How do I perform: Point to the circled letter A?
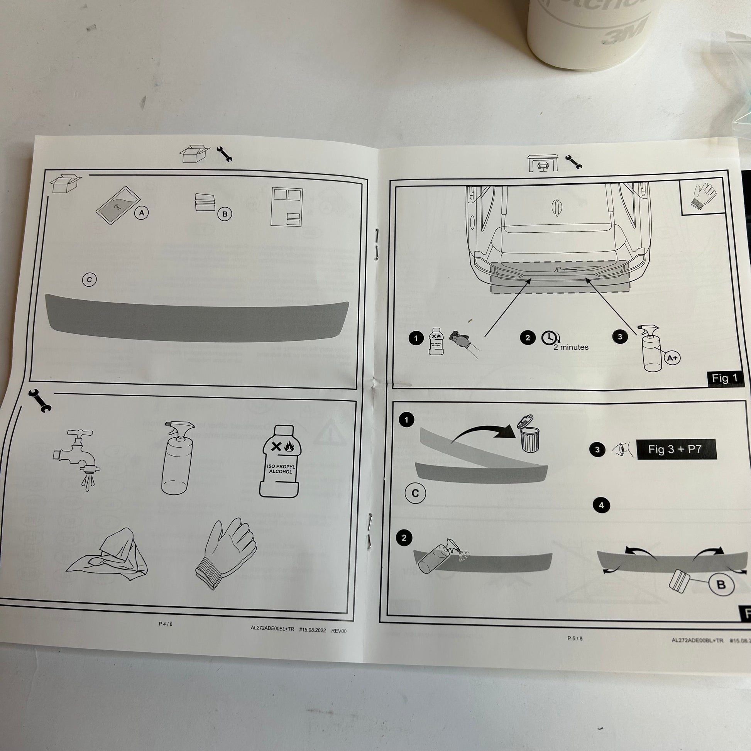[142, 213]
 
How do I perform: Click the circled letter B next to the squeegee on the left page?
[225, 214]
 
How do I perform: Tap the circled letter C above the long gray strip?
[90, 280]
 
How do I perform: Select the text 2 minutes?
[571, 347]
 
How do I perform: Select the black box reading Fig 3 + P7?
[676, 450]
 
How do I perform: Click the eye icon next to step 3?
[622, 450]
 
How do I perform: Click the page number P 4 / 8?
[166, 624]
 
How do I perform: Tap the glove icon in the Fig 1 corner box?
[704, 196]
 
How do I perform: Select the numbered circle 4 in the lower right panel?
[601, 505]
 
